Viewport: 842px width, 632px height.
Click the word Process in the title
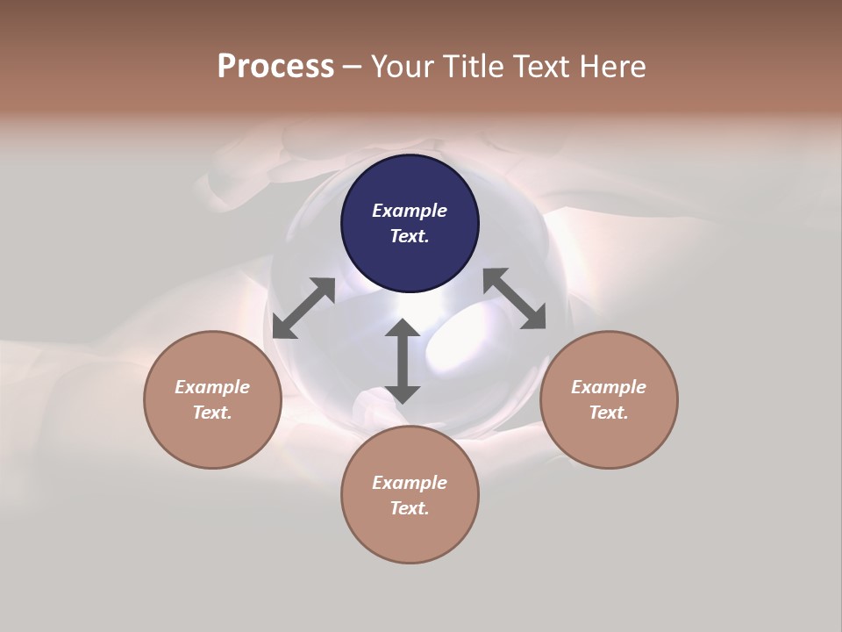click(x=275, y=67)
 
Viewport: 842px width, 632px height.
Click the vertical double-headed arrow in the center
click(x=403, y=361)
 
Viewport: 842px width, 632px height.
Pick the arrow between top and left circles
click(x=303, y=307)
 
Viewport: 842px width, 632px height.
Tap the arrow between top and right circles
click(x=514, y=298)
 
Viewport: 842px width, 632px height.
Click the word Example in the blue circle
click(x=410, y=211)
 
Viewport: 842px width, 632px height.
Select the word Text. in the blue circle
click(x=410, y=236)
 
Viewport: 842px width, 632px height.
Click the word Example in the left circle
click(x=212, y=387)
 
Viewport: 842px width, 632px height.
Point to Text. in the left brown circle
click(x=212, y=413)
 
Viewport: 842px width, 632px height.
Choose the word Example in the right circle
click(x=609, y=387)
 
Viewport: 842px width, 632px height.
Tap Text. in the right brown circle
click(x=609, y=413)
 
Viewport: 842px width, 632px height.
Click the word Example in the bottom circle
click(x=410, y=483)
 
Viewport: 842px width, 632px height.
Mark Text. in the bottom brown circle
click(x=410, y=508)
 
